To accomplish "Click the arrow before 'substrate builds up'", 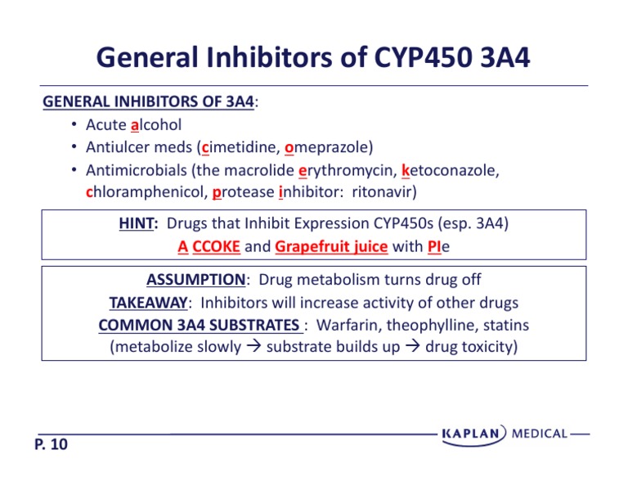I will coord(254,348).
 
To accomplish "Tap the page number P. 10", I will coord(52,444).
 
